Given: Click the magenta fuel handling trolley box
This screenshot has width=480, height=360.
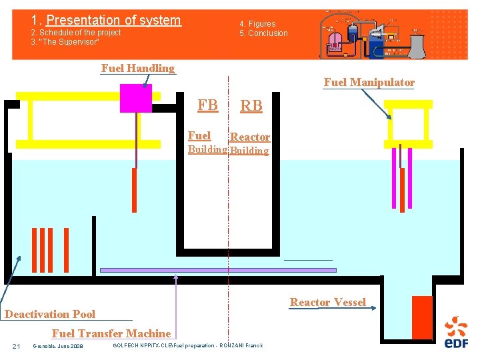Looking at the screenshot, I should [x=136, y=98].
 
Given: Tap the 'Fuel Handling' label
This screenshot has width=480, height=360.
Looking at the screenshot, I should [x=137, y=68].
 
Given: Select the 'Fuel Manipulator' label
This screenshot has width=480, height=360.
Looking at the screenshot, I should [x=369, y=83].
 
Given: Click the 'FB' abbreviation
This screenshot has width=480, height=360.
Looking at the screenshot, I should [x=207, y=105].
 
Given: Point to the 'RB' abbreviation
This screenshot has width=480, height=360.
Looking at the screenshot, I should [x=251, y=105].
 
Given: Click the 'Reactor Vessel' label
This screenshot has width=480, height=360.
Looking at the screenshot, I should [x=327, y=303].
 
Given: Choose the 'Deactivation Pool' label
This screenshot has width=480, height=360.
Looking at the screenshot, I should [x=50, y=314].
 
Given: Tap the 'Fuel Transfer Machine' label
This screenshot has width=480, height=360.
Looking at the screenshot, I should [x=111, y=333].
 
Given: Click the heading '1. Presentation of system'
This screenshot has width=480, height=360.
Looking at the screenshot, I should [x=106, y=21].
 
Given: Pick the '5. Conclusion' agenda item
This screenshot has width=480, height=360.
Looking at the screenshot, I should [x=264, y=33].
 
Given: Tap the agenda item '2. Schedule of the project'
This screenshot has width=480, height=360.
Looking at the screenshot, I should [x=76, y=33].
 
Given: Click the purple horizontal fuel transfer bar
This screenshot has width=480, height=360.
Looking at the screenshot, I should [x=217, y=270].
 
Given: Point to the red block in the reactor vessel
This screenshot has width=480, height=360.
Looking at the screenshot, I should [x=422, y=318].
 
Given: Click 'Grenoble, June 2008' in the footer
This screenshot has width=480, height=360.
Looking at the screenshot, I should [x=58, y=346].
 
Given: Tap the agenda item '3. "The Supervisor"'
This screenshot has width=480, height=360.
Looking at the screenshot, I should [x=65, y=42].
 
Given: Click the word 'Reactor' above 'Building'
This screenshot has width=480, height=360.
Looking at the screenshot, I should [x=250, y=137].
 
